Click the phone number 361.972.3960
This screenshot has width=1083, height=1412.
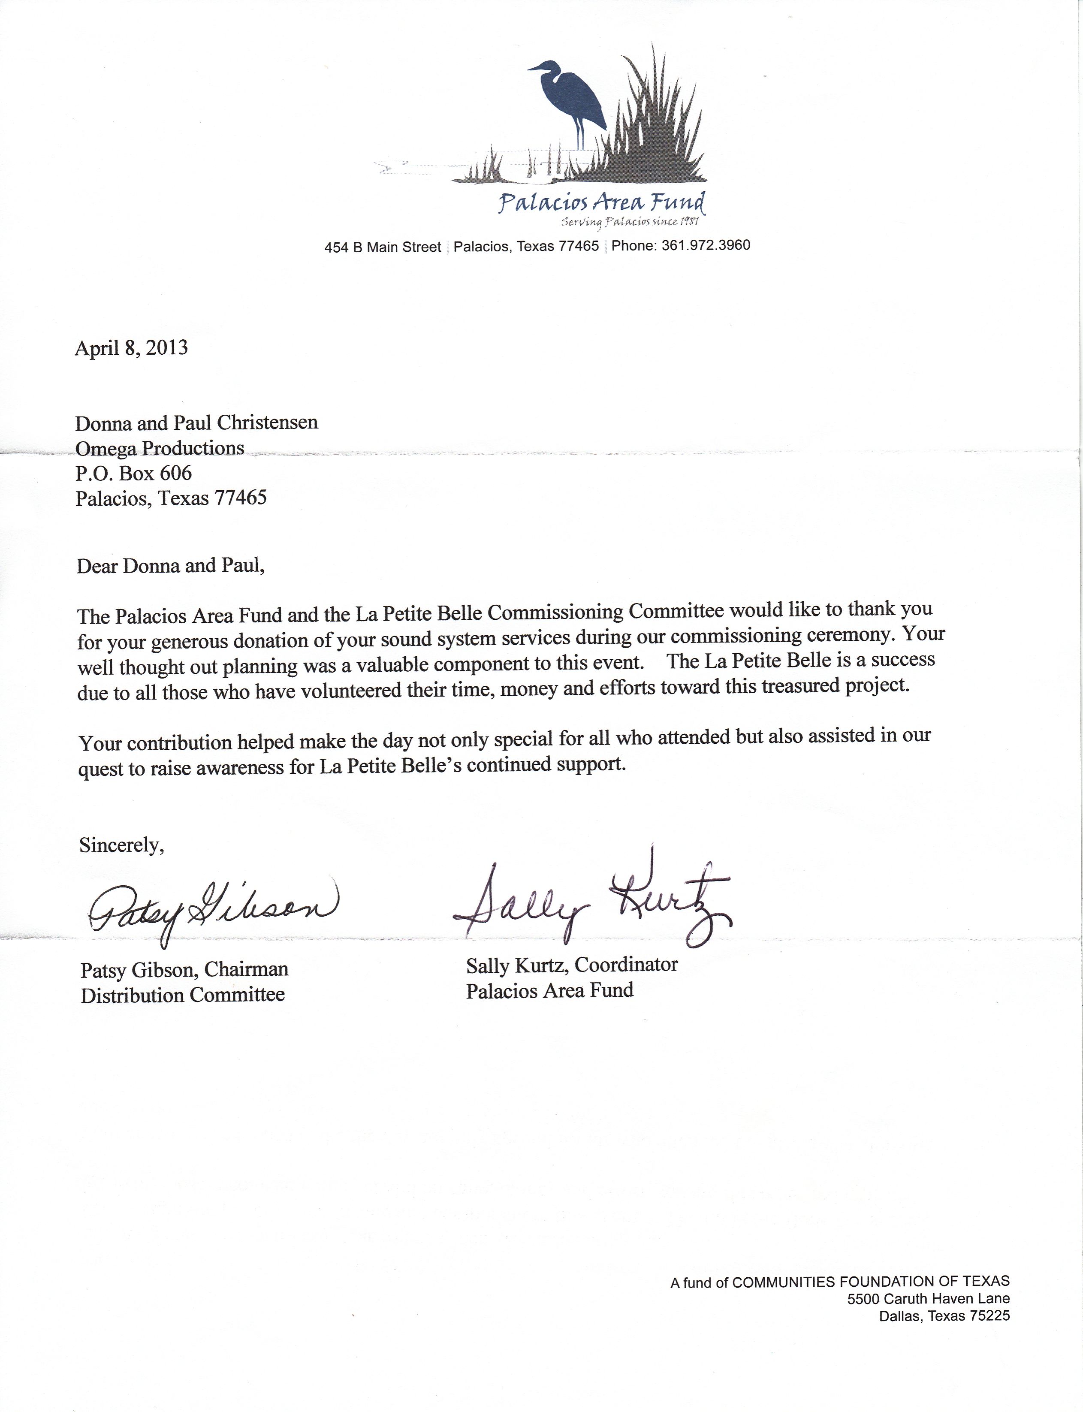coord(706,245)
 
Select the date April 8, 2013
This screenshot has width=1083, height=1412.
coord(132,348)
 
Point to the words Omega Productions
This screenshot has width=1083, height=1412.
coord(160,448)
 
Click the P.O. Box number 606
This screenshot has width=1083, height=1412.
coord(177,473)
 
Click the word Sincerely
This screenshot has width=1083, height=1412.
coord(121,845)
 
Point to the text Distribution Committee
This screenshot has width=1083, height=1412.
coord(182,995)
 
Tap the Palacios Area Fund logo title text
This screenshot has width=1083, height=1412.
coord(601,203)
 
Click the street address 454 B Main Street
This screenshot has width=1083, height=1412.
coord(382,247)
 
